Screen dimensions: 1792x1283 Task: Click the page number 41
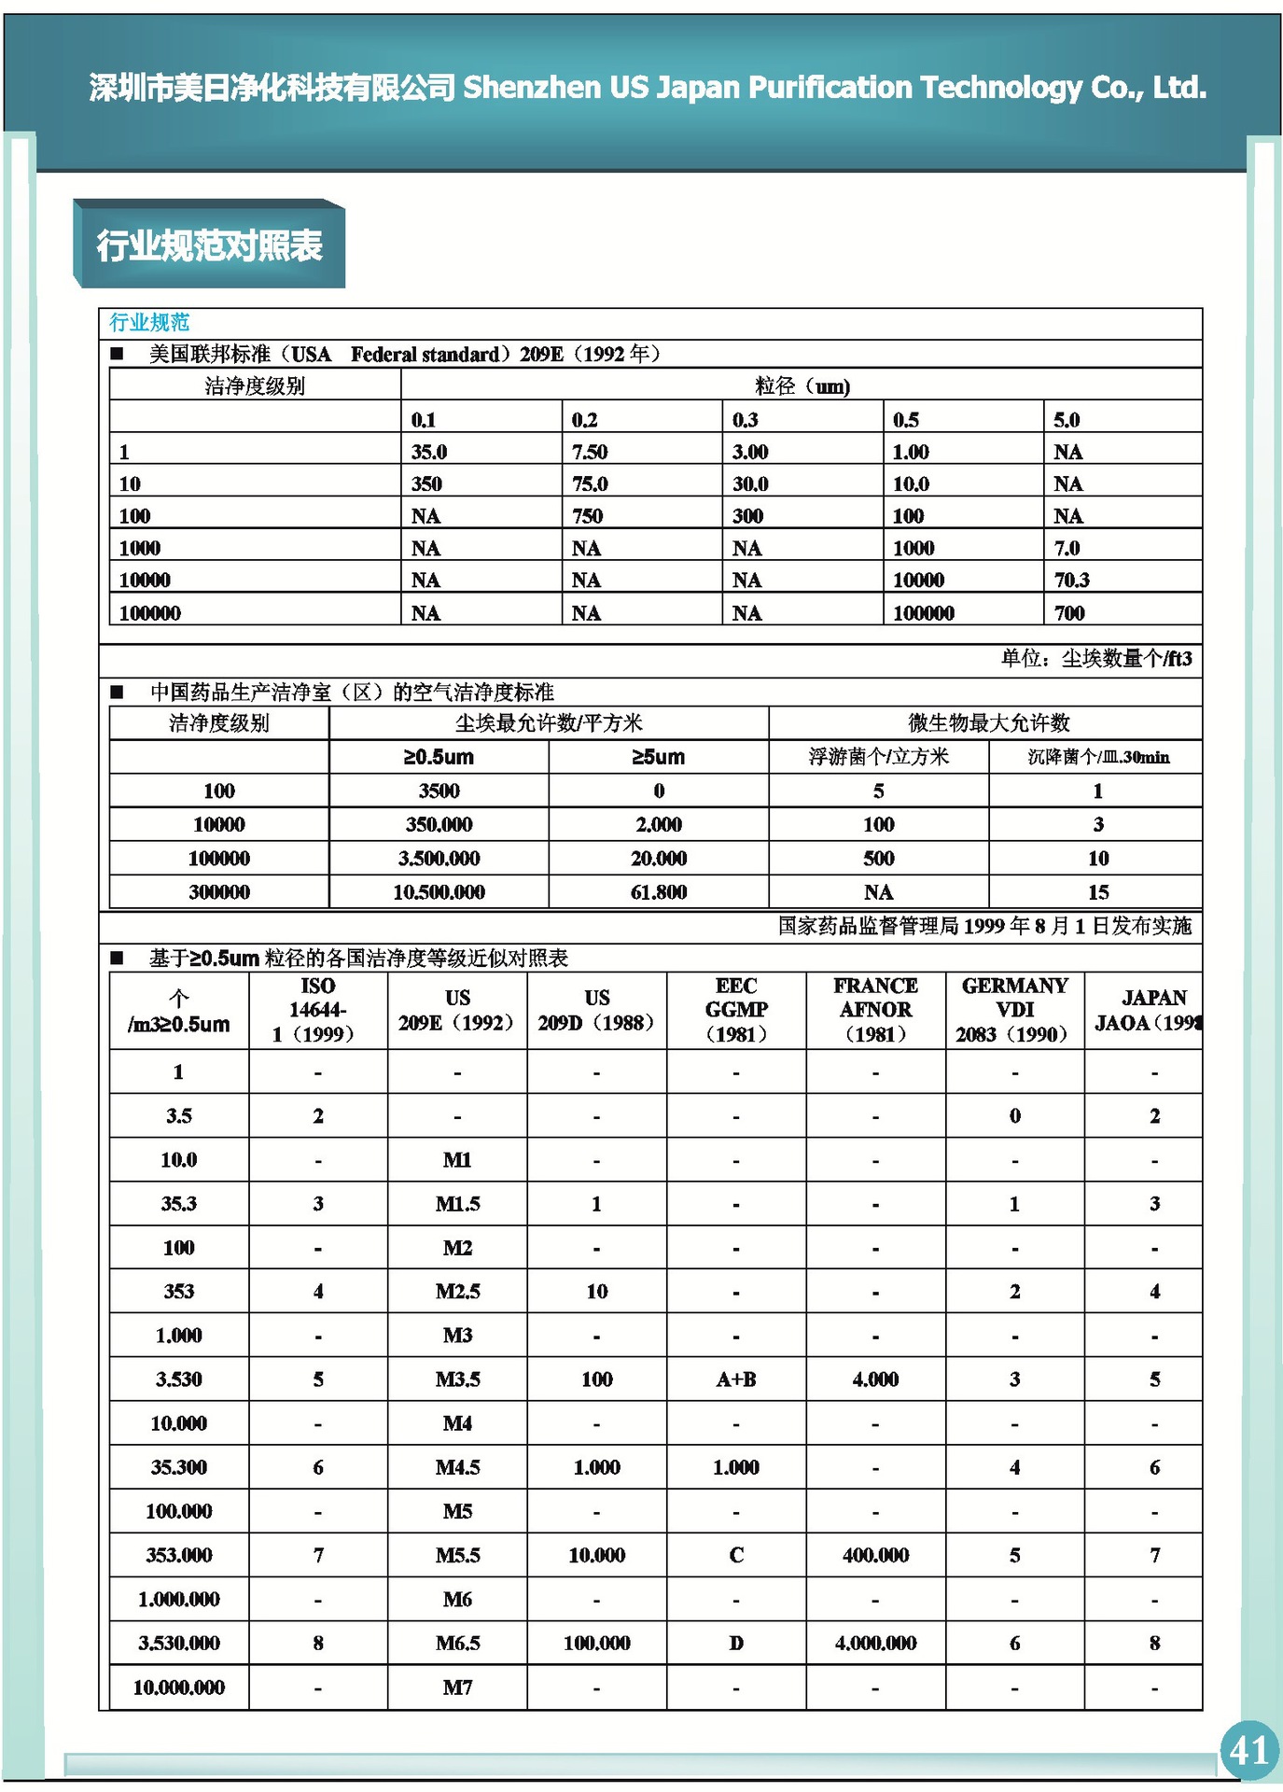point(1248,1750)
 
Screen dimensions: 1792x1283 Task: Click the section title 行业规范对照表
point(209,245)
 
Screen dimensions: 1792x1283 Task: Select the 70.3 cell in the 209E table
point(1071,580)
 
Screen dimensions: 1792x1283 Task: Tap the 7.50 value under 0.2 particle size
point(589,452)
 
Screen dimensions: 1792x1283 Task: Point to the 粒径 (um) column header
point(802,385)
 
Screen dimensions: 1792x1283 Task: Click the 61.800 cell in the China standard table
point(659,891)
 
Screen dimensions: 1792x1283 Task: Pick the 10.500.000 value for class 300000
point(439,891)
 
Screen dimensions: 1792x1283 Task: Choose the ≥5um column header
point(659,757)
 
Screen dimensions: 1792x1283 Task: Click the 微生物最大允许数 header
point(988,722)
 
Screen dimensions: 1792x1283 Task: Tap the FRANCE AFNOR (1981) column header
point(875,1010)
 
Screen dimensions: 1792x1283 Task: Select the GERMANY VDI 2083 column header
point(1014,1010)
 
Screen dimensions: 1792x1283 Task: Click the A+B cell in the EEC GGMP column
point(736,1379)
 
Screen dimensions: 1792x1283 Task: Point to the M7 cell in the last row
point(457,1687)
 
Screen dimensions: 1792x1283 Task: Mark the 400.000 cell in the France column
point(875,1554)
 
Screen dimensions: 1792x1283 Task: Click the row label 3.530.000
point(179,1643)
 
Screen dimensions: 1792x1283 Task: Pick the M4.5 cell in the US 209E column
point(457,1466)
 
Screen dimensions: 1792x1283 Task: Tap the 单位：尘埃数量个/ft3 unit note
point(1096,658)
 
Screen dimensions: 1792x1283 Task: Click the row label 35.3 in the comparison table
point(179,1203)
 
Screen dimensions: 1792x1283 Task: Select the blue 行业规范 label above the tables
point(149,322)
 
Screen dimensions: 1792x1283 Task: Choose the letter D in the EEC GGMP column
point(736,1643)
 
